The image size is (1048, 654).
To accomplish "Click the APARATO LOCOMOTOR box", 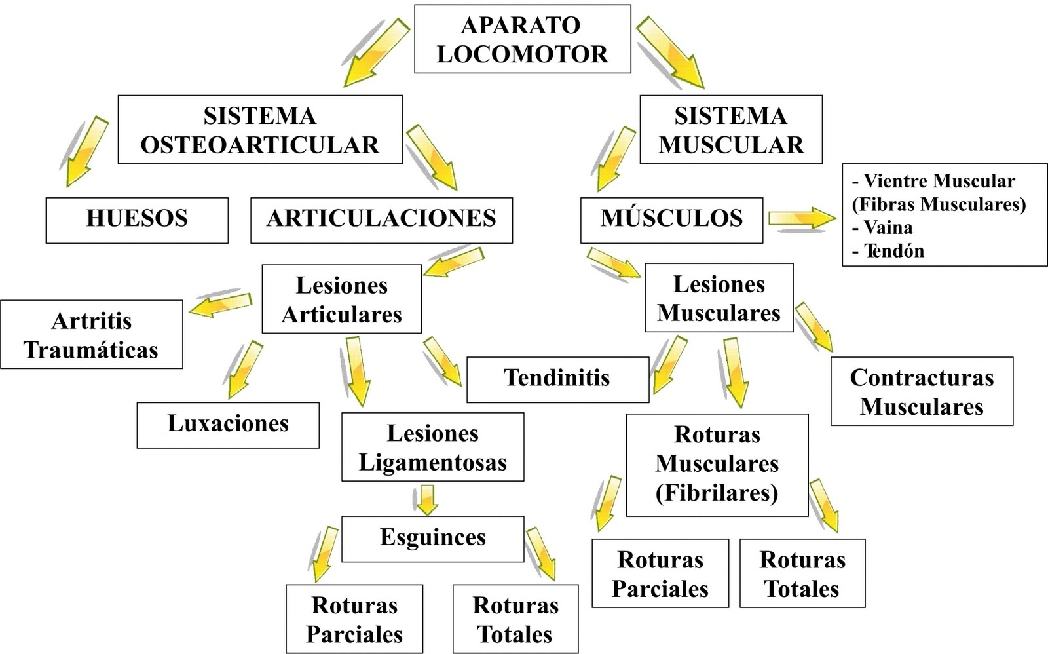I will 522,39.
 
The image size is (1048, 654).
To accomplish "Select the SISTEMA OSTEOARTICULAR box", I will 260,130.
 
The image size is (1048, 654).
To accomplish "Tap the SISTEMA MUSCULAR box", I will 730,130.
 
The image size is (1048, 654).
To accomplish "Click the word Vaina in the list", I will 888,227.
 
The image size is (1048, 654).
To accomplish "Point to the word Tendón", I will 894,251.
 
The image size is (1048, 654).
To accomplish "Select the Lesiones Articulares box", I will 341,299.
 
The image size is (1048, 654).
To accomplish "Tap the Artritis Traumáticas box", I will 91,335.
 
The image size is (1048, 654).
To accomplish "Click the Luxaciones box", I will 228,425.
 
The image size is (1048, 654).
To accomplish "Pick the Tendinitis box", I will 557,379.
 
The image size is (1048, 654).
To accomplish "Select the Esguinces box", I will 432,539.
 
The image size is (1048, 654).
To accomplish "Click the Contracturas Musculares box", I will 922,392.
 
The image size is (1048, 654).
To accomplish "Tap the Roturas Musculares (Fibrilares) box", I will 717,465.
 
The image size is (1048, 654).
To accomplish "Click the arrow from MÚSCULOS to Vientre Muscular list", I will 800,218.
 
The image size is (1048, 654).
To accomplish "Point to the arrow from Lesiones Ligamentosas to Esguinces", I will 426,499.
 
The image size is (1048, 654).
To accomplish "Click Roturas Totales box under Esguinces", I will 515,619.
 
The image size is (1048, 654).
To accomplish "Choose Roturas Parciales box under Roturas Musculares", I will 660,574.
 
